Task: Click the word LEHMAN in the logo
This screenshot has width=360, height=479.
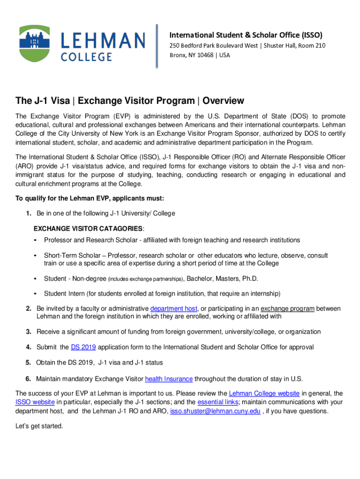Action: coord(103,40)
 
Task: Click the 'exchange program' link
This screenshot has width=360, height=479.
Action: coord(288,309)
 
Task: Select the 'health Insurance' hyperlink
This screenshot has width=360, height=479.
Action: coord(169,379)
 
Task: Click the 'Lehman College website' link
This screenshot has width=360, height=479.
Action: coord(264,393)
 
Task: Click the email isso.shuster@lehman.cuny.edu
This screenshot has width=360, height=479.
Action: coord(215,411)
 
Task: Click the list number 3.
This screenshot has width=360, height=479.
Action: coord(29,332)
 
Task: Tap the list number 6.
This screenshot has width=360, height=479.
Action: coord(29,379)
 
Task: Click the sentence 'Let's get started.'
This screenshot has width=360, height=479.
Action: coord(39,426)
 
